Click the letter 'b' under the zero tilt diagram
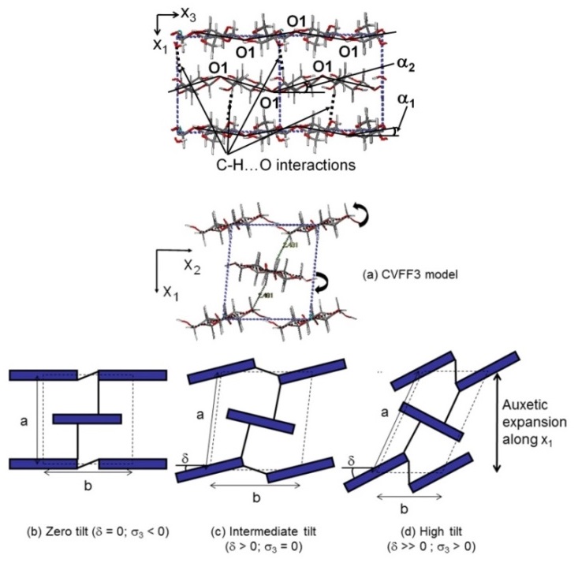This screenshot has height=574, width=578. pyautogui.click(x=88, y=486)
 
